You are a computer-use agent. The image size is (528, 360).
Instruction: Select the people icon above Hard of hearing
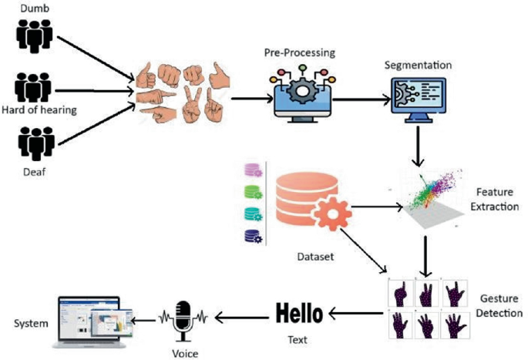click(32, 89)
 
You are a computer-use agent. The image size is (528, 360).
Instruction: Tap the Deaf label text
click(32, 171)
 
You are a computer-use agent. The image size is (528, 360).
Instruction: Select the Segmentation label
click(417, 64)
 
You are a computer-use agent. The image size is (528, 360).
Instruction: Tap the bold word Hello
click(302, 314)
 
